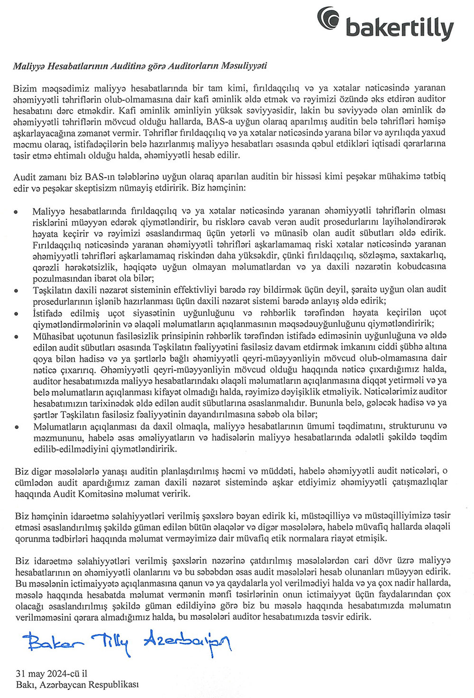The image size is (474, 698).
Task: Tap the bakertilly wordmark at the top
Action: [x=400, y=28]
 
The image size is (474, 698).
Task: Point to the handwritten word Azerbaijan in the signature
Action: [x=187, y=642]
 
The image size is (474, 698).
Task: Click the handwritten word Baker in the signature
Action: [x=55, y=644]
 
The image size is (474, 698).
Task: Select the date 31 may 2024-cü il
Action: [x=51, y=673]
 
